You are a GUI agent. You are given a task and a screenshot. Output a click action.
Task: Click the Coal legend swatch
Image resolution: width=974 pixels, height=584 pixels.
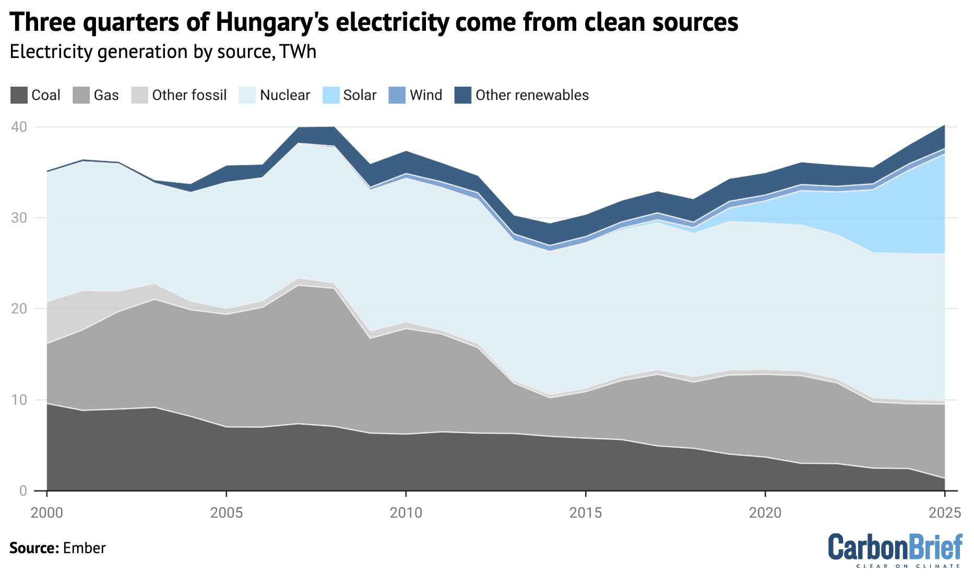(19, 95)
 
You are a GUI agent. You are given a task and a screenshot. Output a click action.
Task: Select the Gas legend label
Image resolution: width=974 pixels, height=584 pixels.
(106, 95)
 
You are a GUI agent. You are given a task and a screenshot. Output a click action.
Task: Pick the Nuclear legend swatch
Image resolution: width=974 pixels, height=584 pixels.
(247, 95)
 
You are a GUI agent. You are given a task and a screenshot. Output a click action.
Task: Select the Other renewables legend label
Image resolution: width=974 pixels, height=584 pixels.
(532, 95)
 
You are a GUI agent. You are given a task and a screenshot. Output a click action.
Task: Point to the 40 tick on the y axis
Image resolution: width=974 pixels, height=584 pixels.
(20, 127)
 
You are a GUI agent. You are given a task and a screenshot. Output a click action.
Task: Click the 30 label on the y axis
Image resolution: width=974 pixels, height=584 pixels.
(20, 218)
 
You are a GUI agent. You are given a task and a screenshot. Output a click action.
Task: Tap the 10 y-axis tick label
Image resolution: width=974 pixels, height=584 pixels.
(20, 400)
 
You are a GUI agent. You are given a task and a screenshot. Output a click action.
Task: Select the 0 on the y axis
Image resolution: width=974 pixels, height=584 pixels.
(23, 491)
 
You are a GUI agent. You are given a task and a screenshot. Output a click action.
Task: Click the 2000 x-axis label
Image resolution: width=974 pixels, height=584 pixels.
(47, 513)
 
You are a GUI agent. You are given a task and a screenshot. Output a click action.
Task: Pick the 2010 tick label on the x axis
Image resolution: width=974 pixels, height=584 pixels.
(406, 513)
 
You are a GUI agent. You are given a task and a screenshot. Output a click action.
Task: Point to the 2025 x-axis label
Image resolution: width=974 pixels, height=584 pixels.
(945, 513)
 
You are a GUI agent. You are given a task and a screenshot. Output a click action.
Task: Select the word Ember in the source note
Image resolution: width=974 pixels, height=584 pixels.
(84, 548)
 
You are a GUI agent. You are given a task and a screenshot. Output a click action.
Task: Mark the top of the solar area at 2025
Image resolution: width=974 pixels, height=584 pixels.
(944, 154)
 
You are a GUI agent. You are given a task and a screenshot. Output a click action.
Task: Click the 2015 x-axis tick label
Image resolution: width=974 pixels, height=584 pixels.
(586, 513)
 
